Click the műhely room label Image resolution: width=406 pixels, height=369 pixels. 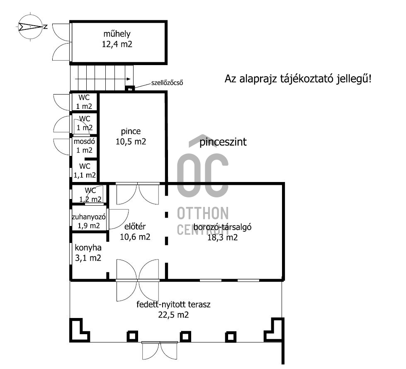117,34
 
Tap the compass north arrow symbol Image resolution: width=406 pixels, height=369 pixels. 30,27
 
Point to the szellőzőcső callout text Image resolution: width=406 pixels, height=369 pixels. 167,83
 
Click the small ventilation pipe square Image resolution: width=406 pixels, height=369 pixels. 130,89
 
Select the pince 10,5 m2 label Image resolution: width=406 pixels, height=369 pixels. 131,136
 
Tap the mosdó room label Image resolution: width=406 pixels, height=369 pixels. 84,142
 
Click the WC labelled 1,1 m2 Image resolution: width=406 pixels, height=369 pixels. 85,171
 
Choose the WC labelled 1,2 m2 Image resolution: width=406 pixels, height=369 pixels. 90,195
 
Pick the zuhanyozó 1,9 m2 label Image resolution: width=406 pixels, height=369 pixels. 89,221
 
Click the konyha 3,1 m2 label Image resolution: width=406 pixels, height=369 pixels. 88,253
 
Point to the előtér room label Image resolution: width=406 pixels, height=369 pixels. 135,226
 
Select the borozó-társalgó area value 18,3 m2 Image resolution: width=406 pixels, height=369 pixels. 222,238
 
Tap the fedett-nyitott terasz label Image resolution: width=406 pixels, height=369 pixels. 173,304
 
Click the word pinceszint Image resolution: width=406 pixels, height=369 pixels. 223,142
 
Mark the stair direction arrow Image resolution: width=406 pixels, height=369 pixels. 103,79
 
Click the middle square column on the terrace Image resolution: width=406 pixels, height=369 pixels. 185,336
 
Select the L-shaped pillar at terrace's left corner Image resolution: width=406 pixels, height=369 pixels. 80,330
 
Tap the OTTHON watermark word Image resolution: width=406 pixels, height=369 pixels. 203,214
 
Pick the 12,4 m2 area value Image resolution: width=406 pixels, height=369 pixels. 117,44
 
